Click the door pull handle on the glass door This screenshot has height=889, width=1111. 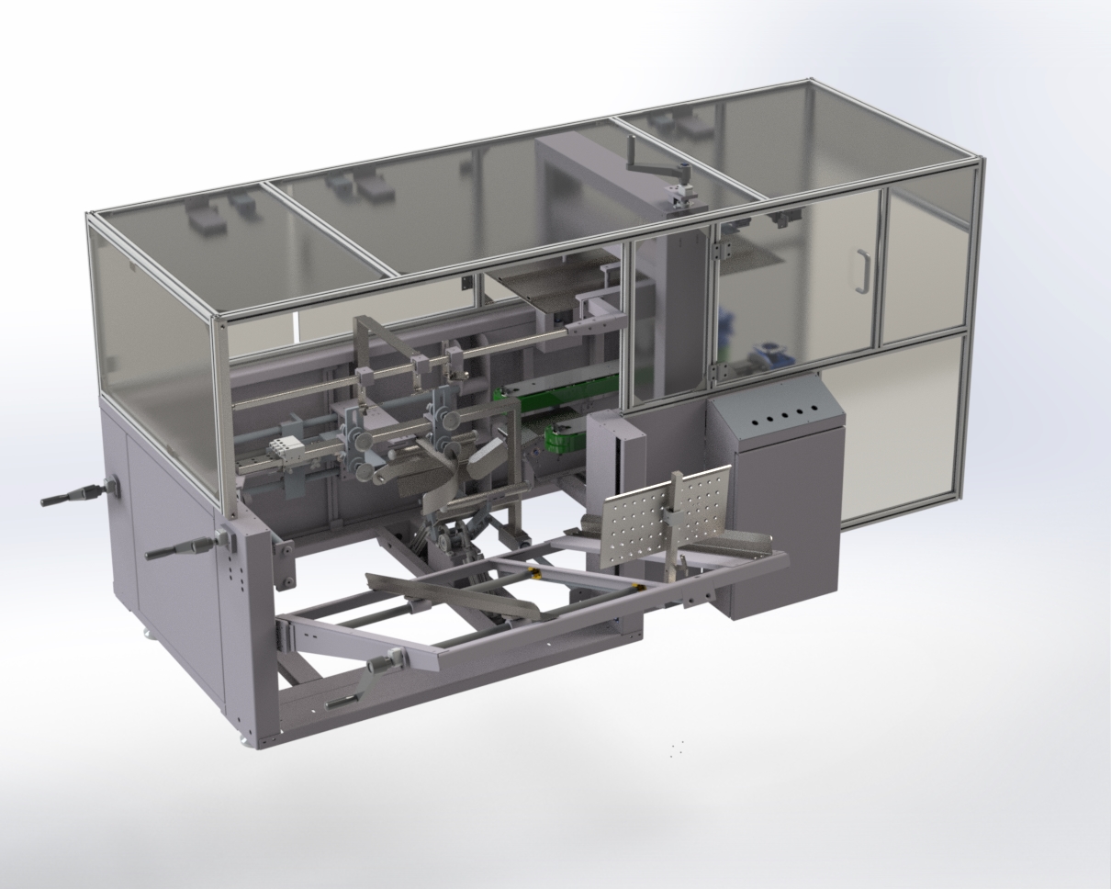(862, 271)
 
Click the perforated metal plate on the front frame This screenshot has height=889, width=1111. (665, 514)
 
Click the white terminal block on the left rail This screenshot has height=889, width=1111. (285, 449)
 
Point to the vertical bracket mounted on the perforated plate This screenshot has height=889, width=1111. (679, 514)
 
